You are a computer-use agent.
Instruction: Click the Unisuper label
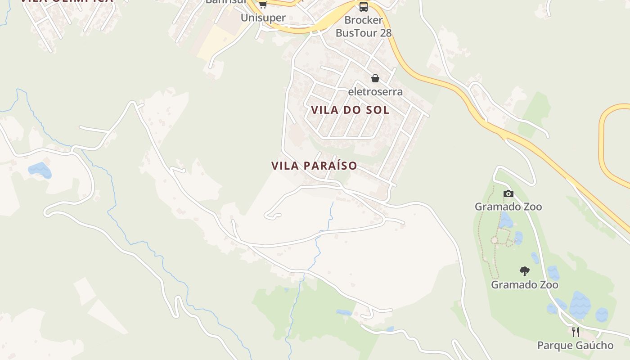click(263, 18)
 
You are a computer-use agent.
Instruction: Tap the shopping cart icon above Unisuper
click(263, 5)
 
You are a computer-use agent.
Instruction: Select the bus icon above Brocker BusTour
click(363, 7)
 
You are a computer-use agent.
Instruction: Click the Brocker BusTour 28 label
click(364, 27)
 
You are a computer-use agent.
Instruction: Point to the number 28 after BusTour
click(385, 33)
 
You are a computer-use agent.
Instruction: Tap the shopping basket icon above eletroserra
click(375, 79)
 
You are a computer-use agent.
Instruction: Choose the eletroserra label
click(375, 92)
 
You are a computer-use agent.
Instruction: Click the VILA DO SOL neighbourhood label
click(350, 110)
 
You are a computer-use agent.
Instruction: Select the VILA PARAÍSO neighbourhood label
click(314, 166)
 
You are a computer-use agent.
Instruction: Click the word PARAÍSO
click(331, 166)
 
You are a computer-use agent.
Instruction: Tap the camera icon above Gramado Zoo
click(508, 194)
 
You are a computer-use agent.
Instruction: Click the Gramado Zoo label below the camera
click(508, 207)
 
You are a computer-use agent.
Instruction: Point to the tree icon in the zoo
click(524, 271)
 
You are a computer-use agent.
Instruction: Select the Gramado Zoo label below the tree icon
click(524, 285)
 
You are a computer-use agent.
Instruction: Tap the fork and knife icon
click(575, 332)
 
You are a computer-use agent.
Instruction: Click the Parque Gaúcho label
click(575, 346)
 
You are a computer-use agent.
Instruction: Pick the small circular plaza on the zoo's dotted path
click(495, 240)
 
